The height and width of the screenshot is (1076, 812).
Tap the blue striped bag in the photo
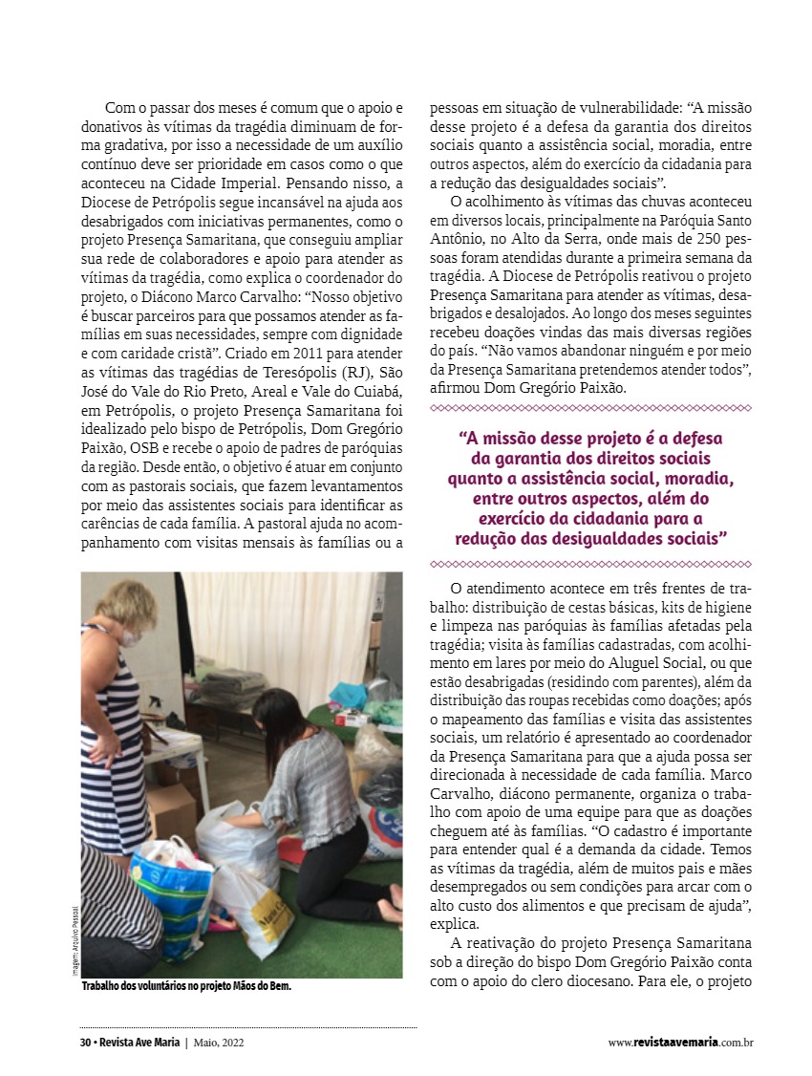[x=173, y=893]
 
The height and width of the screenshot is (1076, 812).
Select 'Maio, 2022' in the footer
[x=224, y=1043]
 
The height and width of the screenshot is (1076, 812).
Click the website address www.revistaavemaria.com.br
[x=680, y=1043]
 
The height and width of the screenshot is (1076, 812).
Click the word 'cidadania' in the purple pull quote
[x=620, y=519]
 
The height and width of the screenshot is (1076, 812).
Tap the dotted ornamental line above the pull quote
[x=590, y=409]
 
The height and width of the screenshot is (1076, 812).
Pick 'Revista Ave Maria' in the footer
[x=137, y=1043]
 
